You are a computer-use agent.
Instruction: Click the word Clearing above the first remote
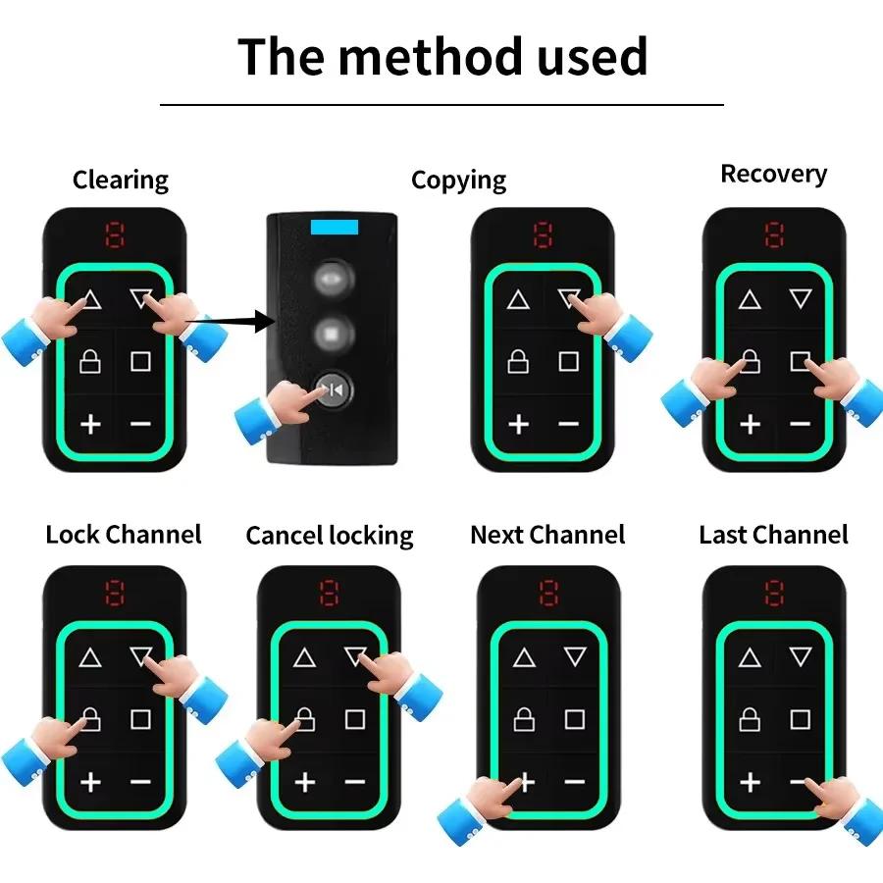[121, 181]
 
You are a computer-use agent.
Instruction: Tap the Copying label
[458, 181]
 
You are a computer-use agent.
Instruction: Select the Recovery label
[773, 174]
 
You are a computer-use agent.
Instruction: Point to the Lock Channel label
[124, 535]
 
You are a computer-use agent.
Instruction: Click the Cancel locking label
[330, 536]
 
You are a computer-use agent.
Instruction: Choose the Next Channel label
[547, 535]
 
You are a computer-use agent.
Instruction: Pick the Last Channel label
[773, 535]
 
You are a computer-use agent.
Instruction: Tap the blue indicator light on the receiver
[337, 228]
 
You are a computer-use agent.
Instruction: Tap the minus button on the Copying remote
[569, 424]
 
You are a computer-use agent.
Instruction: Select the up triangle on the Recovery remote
[750, 300]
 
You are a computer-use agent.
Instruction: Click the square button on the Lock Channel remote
[140, 719]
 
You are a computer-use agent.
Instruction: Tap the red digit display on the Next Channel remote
[547, 593]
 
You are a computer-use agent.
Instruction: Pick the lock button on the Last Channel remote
[750, 719]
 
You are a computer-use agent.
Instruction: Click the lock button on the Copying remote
[518, 362]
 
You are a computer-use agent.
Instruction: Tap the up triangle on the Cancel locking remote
[304, 658]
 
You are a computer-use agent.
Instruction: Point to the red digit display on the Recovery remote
[775, 234]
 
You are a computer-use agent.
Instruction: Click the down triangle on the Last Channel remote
[801, 657]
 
